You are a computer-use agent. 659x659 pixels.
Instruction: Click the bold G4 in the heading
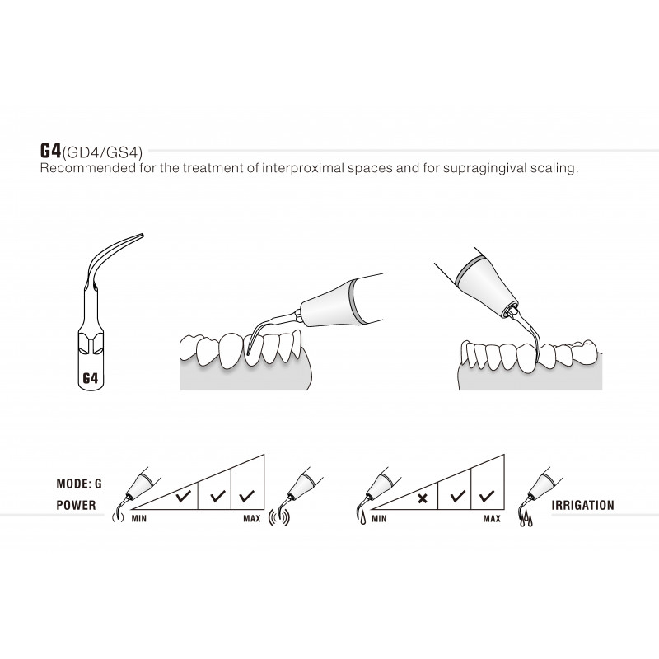pyautogui.click(x=50, y=150)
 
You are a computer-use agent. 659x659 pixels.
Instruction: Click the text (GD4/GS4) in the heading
pyautogui.click(x=102, y=152)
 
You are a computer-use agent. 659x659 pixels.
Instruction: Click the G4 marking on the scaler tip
pyautogui.click(x=90, y=379)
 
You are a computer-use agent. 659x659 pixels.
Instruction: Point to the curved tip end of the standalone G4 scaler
pyautogui.click(x=142, y=235)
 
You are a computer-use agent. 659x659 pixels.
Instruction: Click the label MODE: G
pyautogui.click(x=79, y=484)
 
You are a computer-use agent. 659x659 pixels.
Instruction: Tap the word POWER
pyautogui.click(x=76, y=505)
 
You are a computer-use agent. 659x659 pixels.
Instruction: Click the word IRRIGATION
pyautogui.click(x=582, y=505)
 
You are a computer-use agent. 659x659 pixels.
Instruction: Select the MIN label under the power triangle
pyautogui.click(x=139, y=519)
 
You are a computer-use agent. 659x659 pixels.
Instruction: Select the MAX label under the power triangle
pyautogui.click(x=252, y=519)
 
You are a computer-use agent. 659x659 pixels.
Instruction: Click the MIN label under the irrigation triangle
pyautogui.click(x=379, y=519)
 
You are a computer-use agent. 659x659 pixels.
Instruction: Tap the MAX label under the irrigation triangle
pyautogui.click(x=492, y=519)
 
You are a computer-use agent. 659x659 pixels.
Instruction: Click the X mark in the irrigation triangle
pyautogui.click(x=423, y=499)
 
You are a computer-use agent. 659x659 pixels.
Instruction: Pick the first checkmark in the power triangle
pyautogui.click(x=184, y=497)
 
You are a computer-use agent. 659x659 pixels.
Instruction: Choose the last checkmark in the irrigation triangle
pyautogui.click(x=487, y=497)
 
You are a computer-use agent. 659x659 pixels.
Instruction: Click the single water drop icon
pyautogui.click(x=362, y=519)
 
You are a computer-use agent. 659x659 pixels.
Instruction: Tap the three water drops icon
pyautogui.click(x=526, y=519)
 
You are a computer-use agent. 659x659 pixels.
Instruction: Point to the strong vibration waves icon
pyautogui.click(x=279, y=518)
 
